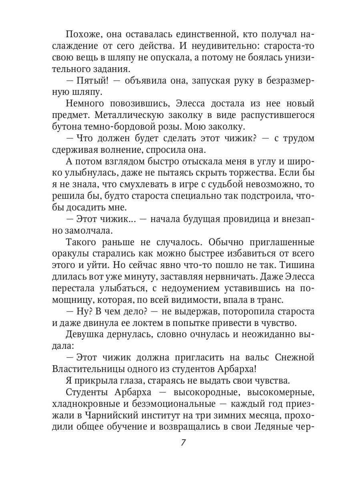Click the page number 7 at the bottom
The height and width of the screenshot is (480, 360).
point(183,443)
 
